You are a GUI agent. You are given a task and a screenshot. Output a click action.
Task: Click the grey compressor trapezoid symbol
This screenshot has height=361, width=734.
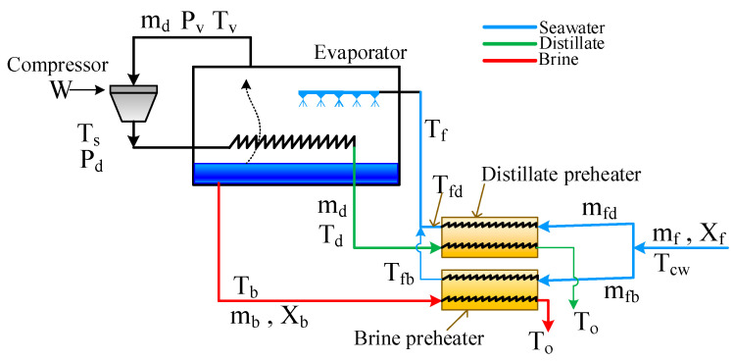133,103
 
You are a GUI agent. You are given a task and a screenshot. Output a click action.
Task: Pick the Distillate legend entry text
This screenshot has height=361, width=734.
571,43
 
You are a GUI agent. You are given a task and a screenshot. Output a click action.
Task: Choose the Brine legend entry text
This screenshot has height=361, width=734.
558,60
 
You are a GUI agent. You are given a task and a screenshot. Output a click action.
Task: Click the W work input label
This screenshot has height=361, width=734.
60,90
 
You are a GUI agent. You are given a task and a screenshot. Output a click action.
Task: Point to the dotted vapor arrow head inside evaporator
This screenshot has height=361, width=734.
245,83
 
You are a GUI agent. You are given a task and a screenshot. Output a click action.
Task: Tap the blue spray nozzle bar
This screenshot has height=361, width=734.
339,92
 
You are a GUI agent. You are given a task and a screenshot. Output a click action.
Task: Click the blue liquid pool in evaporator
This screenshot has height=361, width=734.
296,174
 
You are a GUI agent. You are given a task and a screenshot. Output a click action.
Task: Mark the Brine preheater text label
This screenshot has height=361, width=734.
418,336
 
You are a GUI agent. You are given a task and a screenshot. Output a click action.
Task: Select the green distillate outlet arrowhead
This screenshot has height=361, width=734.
575,305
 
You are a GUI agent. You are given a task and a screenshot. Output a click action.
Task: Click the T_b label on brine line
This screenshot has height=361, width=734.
244,287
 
